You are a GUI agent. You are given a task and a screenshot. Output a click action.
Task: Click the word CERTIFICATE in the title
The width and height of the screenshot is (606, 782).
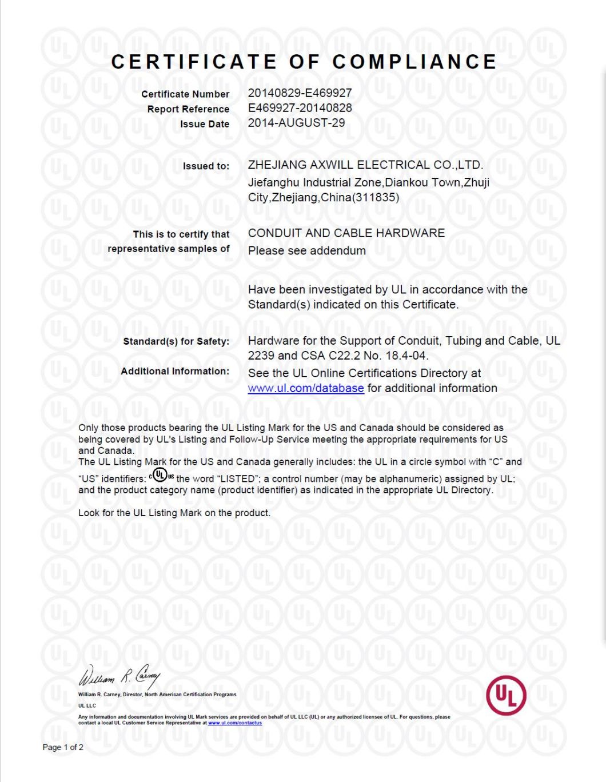tap(194, 62)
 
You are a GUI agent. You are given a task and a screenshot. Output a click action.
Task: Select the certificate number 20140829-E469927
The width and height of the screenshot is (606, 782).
tap(300, 93)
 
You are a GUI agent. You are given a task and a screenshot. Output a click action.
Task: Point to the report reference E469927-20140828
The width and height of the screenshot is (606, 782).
tap(300, 107)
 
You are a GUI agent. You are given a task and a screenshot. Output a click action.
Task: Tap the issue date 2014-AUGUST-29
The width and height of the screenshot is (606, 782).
tap(296, 122)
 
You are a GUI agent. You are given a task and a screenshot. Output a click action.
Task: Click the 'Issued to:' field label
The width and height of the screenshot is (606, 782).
tap(206, 166)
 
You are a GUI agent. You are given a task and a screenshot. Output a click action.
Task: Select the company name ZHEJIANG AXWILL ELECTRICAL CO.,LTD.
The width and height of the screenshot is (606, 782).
tap(365, 165)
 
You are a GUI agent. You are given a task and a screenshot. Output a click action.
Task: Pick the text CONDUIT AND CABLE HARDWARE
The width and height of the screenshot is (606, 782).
tap(346, 233)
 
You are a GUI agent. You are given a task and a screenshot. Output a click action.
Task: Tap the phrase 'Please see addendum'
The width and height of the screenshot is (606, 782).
tap(306, 250)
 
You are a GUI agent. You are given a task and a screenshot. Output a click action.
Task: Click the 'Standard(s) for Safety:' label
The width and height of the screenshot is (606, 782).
tap(176, 341)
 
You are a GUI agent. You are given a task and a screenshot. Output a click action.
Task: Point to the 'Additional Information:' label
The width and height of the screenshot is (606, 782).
tap(175, 371)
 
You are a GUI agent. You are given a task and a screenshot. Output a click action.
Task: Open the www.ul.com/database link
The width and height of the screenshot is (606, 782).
tap(306, 388)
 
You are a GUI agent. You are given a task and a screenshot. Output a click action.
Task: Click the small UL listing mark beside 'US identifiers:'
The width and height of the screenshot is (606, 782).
tap(161, 475)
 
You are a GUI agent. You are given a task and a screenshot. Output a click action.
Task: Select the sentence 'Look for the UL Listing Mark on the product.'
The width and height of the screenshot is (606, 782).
tap(174, 513)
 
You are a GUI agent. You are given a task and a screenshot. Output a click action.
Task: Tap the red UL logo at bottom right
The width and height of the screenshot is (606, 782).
tap(506, 695)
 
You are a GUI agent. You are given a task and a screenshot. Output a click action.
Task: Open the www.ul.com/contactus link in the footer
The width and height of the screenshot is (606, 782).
tap(235, 723)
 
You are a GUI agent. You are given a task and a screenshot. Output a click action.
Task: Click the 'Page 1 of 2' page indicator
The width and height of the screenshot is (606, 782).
tap(63, 747)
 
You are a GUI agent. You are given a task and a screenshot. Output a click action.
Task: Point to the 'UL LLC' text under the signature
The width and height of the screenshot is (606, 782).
tap(87, 705)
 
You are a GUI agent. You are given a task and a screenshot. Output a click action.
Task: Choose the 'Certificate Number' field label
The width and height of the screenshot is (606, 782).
tap(185, 94)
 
